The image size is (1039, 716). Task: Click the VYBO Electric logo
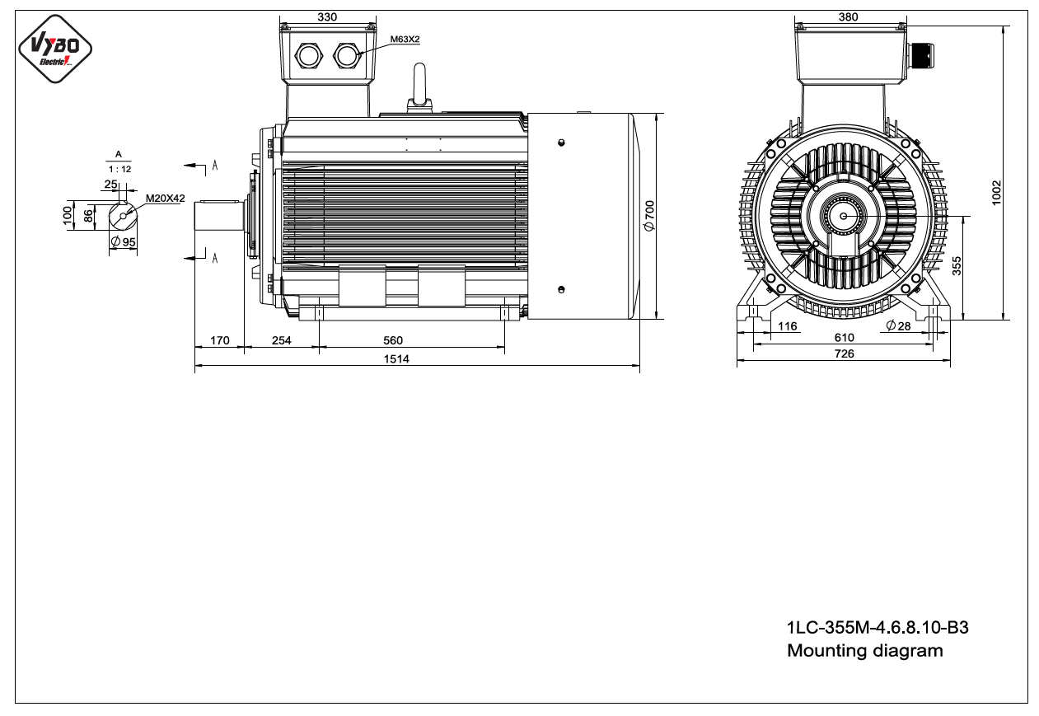coord(55,49)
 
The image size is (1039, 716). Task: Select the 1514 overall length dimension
coord(396,359)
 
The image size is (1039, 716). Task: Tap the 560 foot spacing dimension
coord(393,340)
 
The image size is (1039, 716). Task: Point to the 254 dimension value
coord(282,340)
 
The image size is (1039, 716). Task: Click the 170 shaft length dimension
coord(220,340)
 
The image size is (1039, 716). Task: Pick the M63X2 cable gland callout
coord(405,39)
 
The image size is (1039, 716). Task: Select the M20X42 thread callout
coord(166,199)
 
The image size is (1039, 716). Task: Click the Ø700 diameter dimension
coord(649,216)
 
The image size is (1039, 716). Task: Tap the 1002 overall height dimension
coord(996,193)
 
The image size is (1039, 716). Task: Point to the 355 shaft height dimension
coord(957,265)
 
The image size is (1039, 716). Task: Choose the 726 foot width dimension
coord(845,353)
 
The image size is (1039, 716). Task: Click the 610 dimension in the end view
coord(845,338)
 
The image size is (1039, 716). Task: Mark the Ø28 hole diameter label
coord(898,326)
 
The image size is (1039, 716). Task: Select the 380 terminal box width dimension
coord(849,16)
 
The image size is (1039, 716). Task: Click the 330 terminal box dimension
coord(327,16)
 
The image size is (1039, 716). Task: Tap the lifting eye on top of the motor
coord(419,88)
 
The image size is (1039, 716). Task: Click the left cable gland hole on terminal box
coord(308,56)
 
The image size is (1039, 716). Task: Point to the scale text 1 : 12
coord(120,169)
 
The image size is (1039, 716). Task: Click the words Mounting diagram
coord(865,651)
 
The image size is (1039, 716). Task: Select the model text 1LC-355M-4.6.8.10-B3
coord(878,628)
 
